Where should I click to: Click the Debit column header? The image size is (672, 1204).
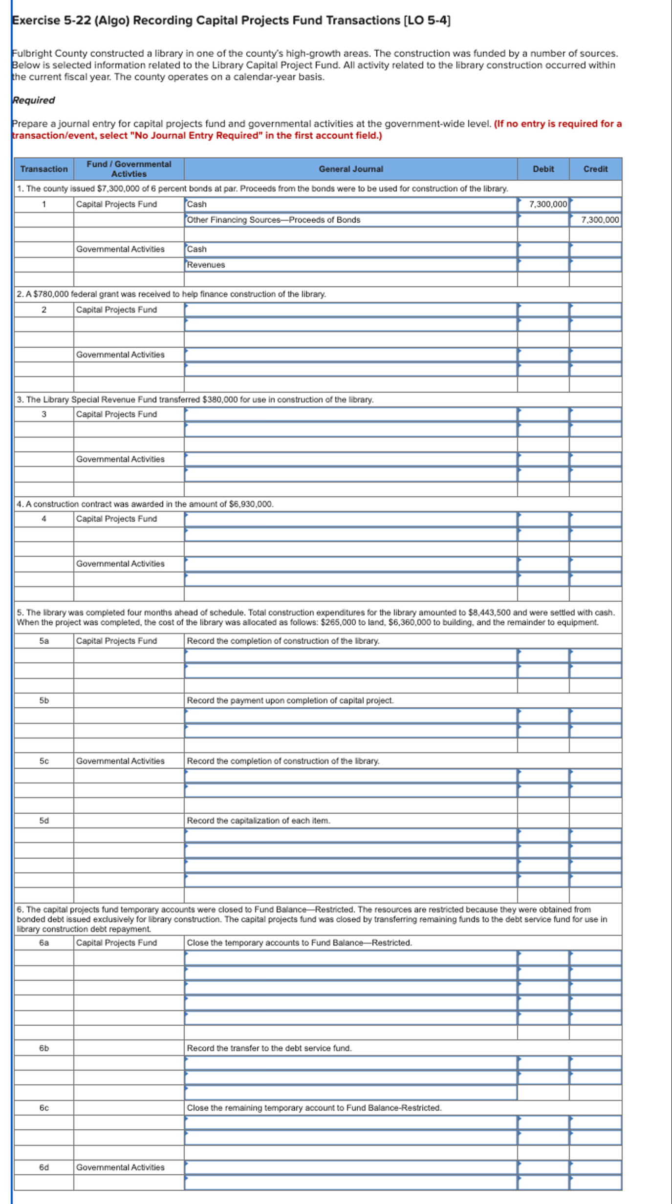[543, 169]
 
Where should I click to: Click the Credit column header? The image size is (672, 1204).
[595, 169]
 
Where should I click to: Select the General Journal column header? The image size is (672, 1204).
[350, 169]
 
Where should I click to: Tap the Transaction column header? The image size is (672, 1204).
[44, 169]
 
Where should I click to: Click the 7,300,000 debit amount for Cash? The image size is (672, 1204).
[548, 204]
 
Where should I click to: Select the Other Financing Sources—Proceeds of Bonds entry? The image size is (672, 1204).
[274, 220]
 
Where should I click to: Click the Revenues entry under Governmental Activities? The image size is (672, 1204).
[206, 265]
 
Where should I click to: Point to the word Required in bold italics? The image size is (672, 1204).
[33, 100]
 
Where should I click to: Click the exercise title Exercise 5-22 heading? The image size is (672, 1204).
[231, 21]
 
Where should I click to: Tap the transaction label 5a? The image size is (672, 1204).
[44, 641]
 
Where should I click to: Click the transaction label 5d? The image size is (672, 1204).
[44, 821]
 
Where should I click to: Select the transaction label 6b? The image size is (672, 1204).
[44, 1048]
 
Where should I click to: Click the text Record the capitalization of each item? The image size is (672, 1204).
[259, 821]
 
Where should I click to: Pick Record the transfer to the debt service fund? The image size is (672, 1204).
[269, 1048]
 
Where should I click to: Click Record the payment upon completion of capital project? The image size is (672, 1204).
[290, 700]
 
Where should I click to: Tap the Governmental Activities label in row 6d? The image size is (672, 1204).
[120, 1167]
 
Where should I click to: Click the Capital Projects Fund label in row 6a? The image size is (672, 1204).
[116, 943]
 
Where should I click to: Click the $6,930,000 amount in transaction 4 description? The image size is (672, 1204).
[251, 504]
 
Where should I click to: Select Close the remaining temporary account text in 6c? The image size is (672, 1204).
[314, 1108]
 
